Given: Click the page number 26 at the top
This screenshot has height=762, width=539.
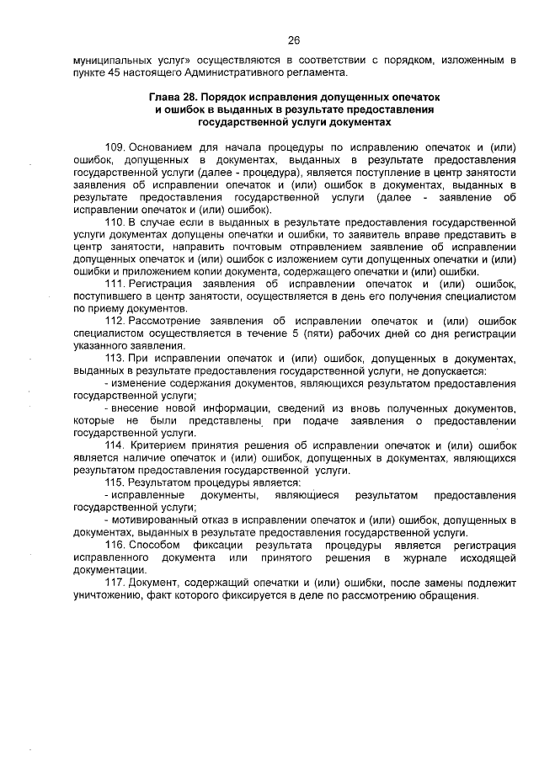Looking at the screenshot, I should click(294, 40).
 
